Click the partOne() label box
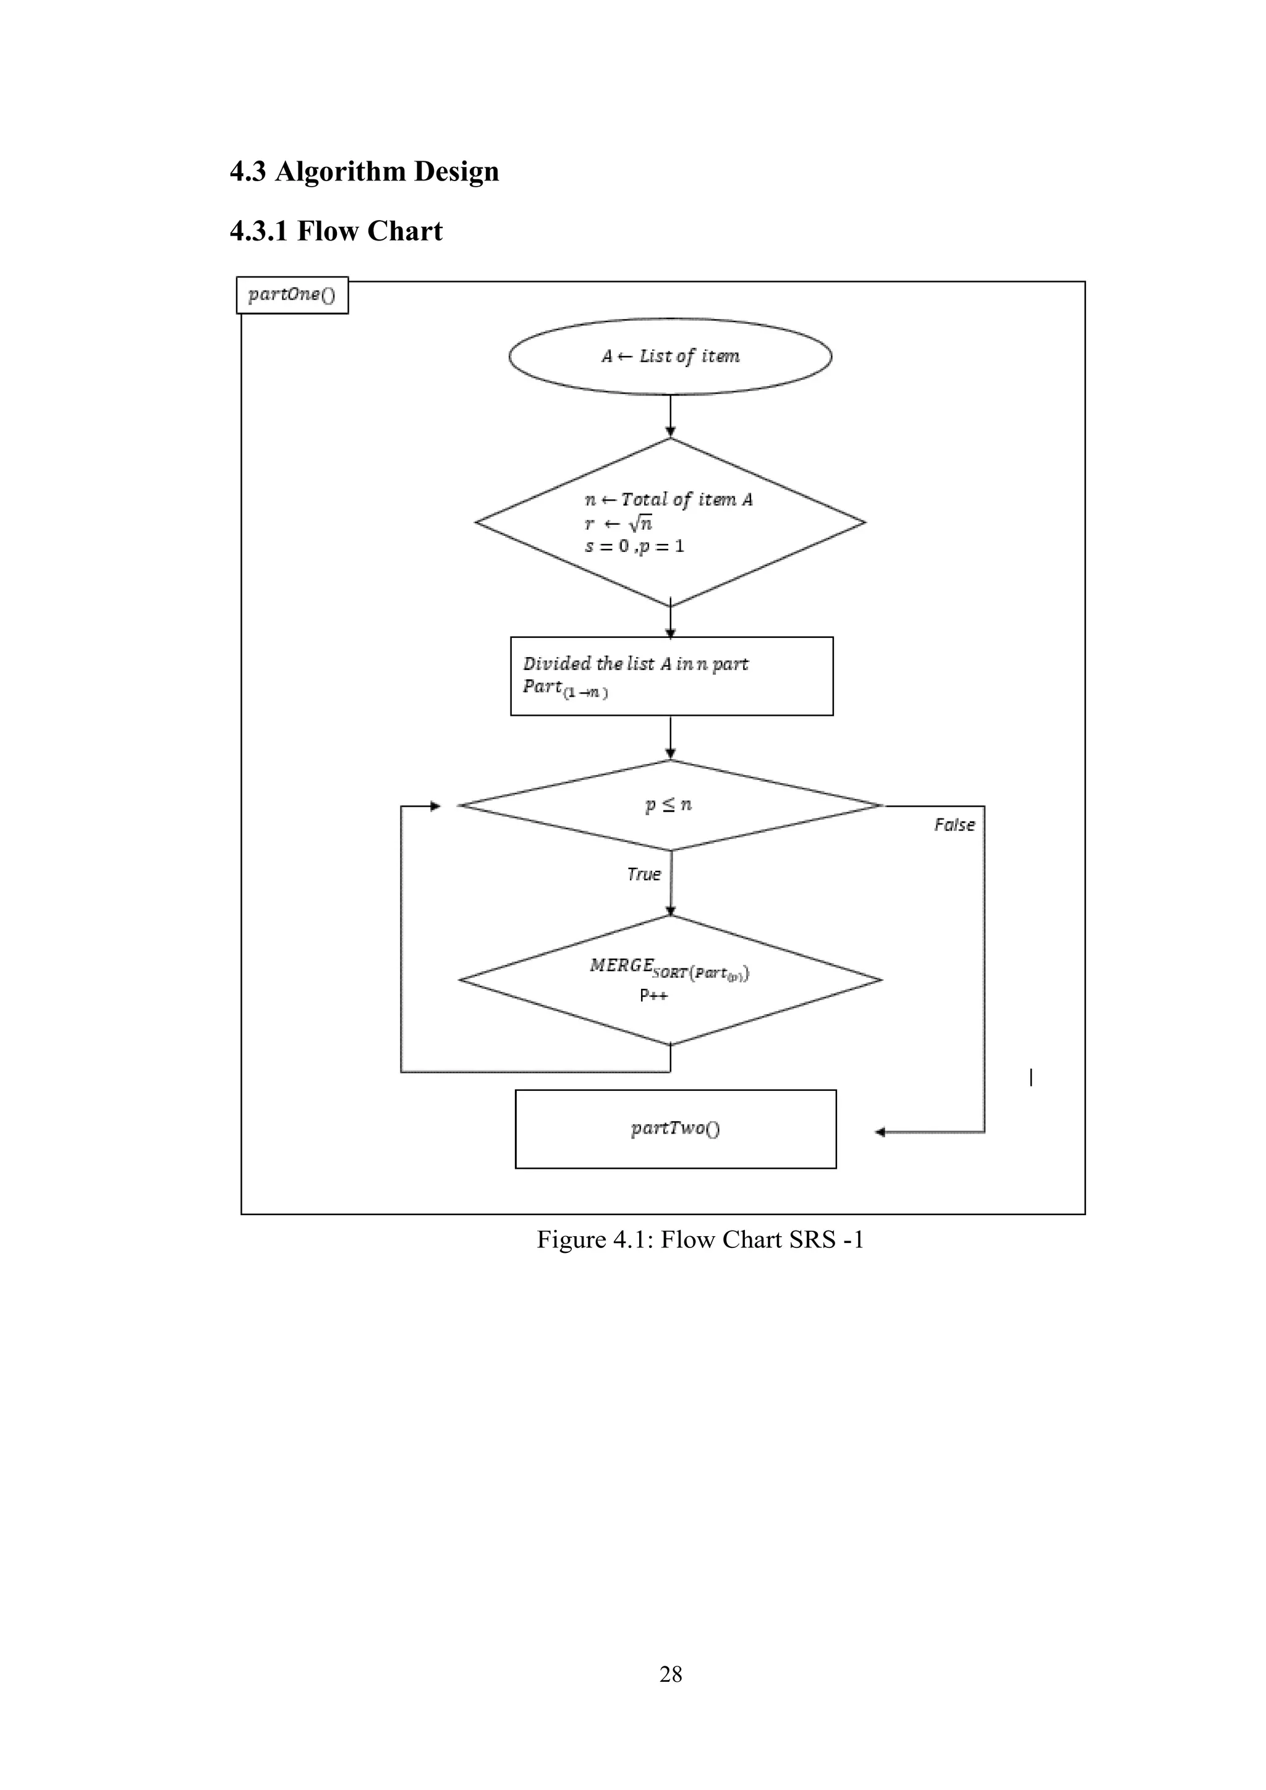click(x=292, y=295)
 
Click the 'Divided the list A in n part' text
click(x=635, y=663)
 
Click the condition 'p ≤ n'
click(x=669, y=805)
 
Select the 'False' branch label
click(x=954, y=825)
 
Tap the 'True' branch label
click(x=644, y=874)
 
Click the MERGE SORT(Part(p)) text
click(x=669, y=969)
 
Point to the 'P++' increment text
click(x=653, y=996)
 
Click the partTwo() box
click(x=675, y=1129)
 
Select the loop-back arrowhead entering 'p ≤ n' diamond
click(x=436, y=806)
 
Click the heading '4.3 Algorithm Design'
click(x=364, y=171)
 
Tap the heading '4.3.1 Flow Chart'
click(x=336, y=232)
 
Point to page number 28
click(x=671, y=1674)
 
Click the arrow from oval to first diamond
click(x=671, y=415)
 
